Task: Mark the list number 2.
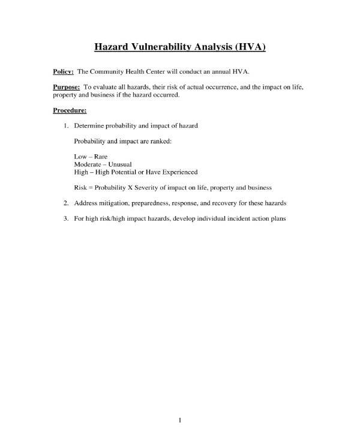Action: [65, 202]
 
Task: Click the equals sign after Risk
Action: [91, 187]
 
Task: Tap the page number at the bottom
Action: [180, 419]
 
